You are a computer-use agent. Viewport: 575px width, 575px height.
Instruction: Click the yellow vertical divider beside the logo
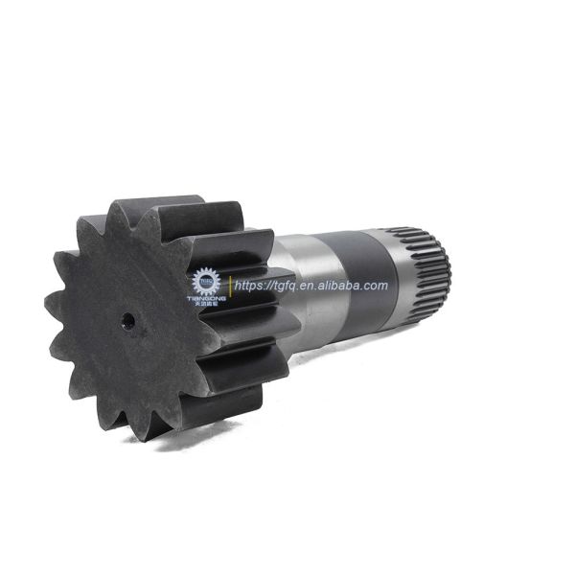(229, 286)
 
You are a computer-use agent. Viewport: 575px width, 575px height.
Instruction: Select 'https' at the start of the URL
(252, 286)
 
